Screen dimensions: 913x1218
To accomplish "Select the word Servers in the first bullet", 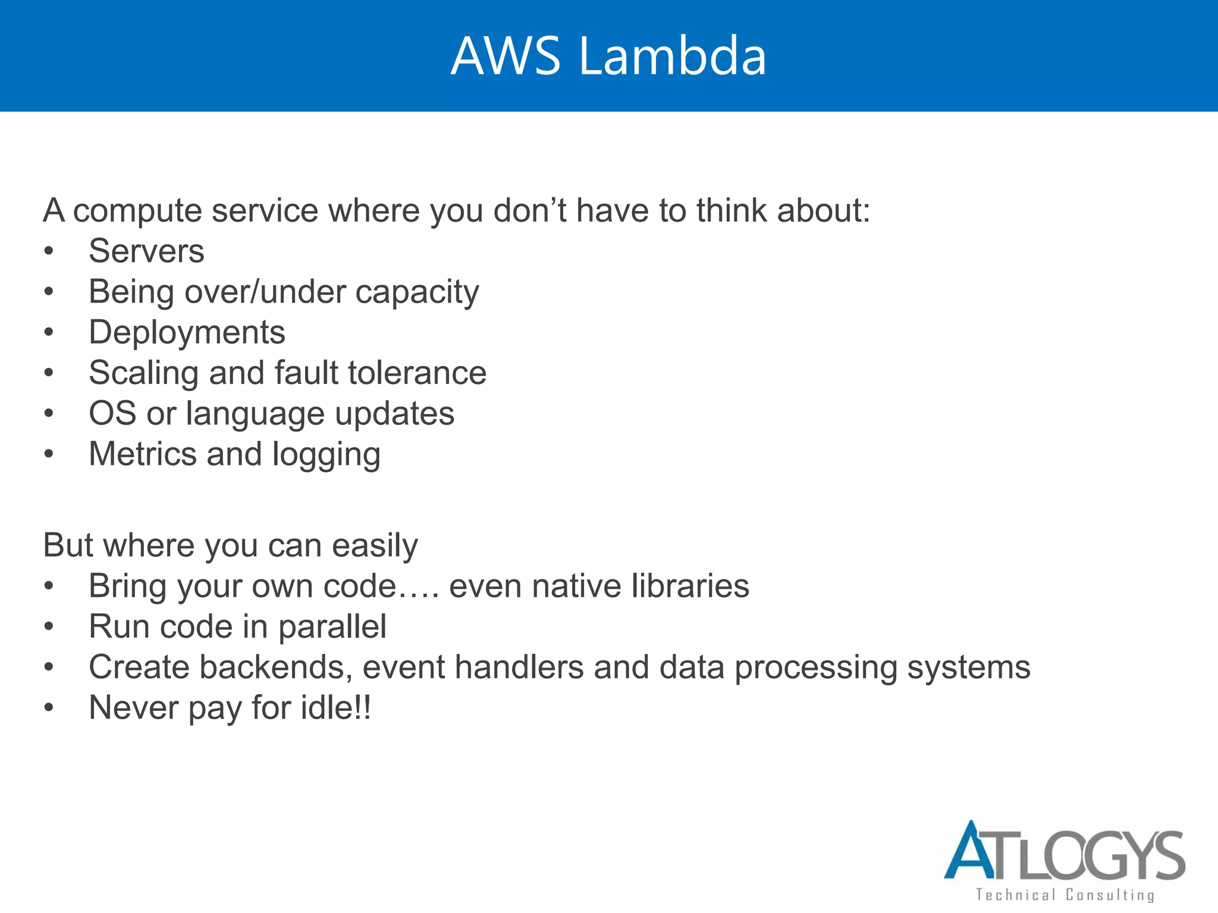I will pyautogui.click(x=146, y=251).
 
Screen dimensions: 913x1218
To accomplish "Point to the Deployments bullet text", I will pyautogui.click(x=187, y=332).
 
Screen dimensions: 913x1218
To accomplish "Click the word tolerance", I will pyautogui.click(x=417, y=373).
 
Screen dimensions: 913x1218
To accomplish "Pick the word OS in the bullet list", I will pyautogui.click(x=112, y=413).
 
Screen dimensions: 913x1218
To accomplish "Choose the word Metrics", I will pyautogui.click(x=142, y=454).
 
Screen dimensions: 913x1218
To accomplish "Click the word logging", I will pyautogui.click(x=326, y=455).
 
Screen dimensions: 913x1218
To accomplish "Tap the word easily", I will pyautogui.click(x=375, y=546).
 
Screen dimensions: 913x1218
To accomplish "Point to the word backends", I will pyautogui.click(x=272, y=667).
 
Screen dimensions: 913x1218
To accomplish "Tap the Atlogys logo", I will pyautogui.click(x=1064, y=851).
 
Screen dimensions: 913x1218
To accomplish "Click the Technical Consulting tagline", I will pyautogui.click(x=1064, y=895).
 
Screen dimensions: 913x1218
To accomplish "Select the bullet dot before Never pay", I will pyautogui.click(x=49, y=708).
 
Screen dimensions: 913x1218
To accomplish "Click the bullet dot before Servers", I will pyautogui.click(x=49, y=251).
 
